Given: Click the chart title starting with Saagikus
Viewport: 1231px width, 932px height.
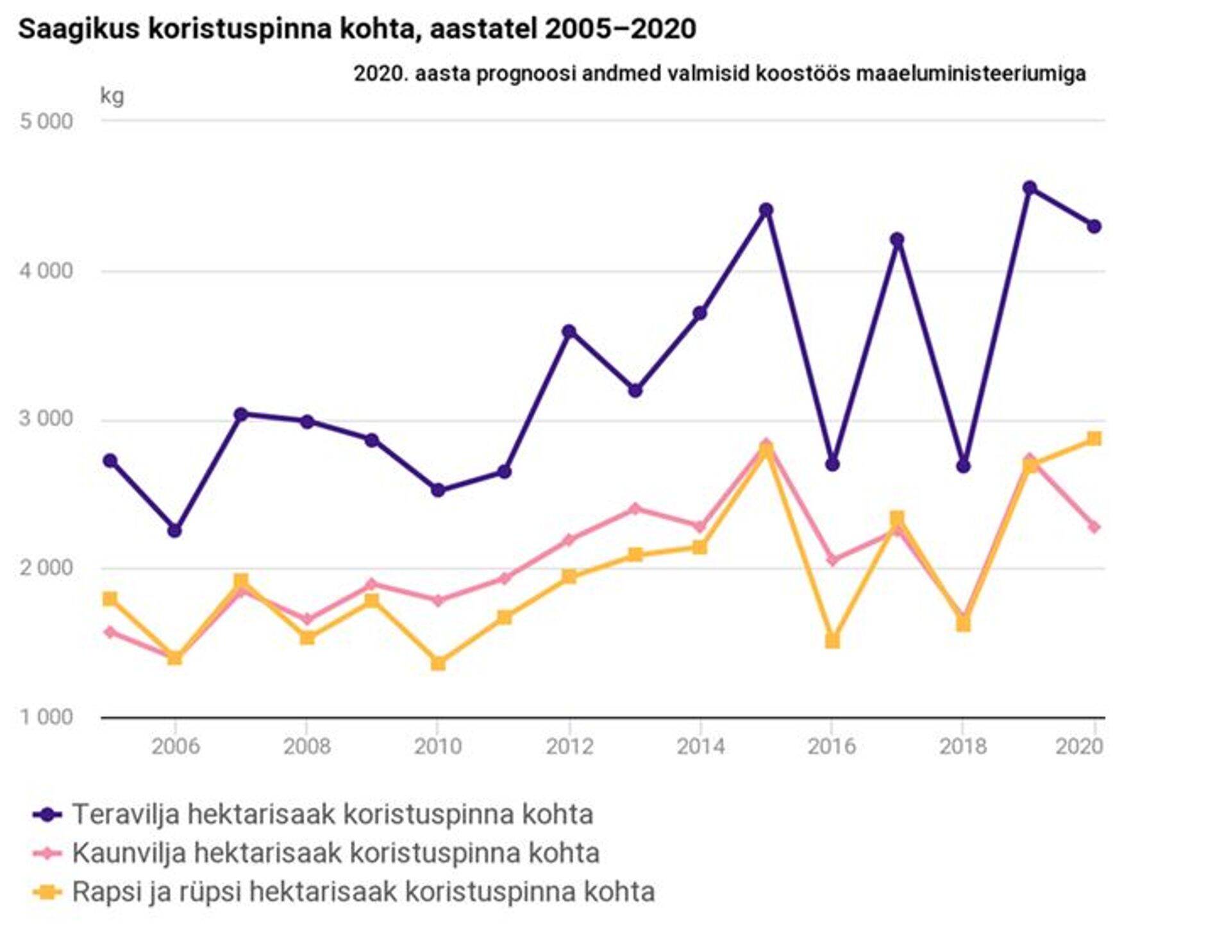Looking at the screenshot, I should tap(356, 29).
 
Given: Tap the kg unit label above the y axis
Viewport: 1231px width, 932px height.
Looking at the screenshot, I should tap(112, 96).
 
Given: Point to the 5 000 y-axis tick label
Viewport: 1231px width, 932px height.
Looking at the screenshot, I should tap(46, 121).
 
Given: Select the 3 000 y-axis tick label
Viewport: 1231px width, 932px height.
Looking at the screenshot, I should tap(46, 419).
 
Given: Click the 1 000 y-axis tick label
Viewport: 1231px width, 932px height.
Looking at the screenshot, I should tap(46, 716).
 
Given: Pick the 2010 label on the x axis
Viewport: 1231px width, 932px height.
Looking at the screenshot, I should tap(437, 746).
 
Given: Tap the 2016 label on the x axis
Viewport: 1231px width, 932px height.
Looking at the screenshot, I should tap(832, 746).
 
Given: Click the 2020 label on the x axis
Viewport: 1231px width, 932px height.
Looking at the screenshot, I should tap(1079, 746).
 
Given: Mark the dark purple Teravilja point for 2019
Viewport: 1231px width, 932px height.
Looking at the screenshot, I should tap(1030, 188).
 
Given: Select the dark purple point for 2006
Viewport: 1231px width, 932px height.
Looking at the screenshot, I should tap(174, 530).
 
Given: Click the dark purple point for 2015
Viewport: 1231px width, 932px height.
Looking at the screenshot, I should tap(766, 210).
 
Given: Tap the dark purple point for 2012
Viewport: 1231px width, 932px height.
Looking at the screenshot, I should tap(569, 332).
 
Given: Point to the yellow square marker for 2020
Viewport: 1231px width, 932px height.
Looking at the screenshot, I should tap(1094, 439).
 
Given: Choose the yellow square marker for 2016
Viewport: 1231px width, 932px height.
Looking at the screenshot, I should tap(832, 641).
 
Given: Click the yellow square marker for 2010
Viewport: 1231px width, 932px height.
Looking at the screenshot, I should tap(438, 663).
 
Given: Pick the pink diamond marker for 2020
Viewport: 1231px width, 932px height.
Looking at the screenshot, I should tap(1094, 527).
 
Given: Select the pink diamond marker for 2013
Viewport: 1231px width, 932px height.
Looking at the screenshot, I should tap(635, 509).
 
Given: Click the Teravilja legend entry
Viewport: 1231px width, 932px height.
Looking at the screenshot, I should tap(332, 815).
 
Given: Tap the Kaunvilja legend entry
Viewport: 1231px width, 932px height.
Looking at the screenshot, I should tap(335, 853).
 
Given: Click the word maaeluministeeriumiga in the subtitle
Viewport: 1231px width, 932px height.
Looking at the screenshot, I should tap(971, 74).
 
